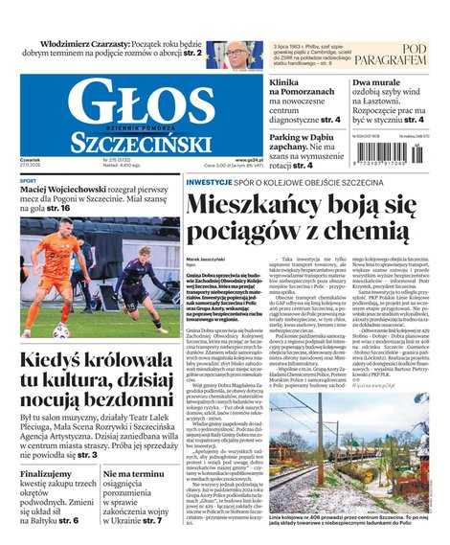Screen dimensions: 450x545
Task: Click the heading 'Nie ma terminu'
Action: (x=137, y=474)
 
